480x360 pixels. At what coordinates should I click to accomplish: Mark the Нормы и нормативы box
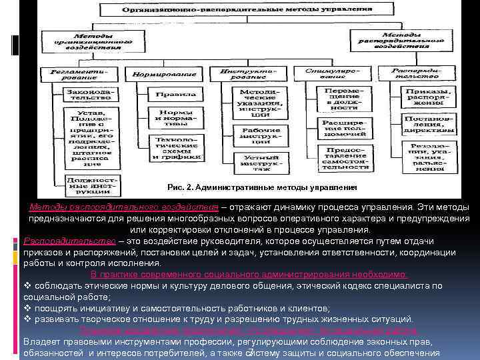(x=177, y=119)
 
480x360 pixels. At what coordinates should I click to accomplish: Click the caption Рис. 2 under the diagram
(x=262, y=187)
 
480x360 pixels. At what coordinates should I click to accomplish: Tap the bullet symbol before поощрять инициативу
(x=27, y=309)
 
